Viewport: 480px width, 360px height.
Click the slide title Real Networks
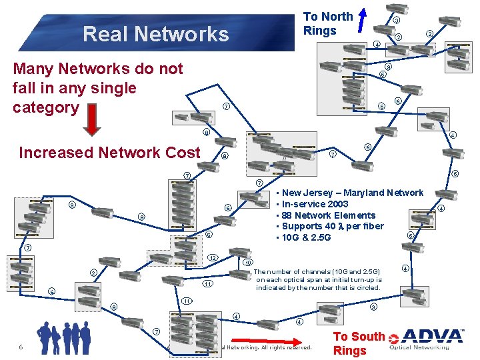[x=155, y=33]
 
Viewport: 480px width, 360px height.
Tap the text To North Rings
[x=327, y=23]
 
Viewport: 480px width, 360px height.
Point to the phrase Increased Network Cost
[x=109, y=153]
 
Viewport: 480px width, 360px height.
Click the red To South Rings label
[x=359, y=343]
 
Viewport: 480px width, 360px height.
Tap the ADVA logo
[x=433, y=339]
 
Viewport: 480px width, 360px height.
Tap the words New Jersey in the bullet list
[x=305, y=193]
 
